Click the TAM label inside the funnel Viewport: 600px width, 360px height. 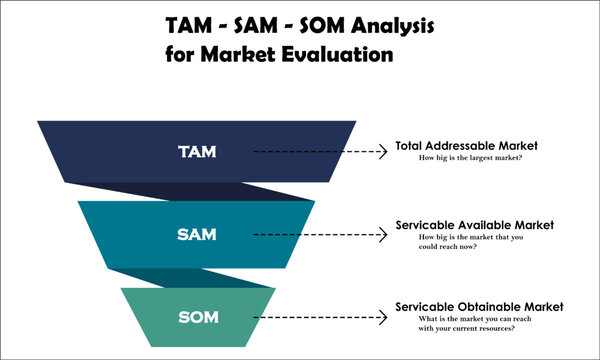point(196,152)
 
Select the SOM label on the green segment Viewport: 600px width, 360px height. point(197,317)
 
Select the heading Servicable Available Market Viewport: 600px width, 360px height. point(474,225)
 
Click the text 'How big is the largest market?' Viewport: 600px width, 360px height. point(472,159)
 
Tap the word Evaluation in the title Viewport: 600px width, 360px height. point(333,55)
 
